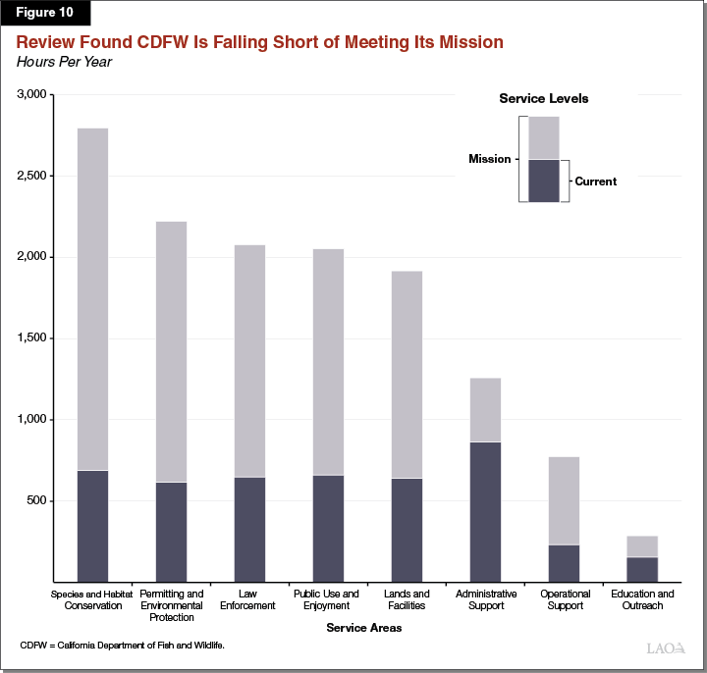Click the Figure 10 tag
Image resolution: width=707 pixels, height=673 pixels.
[x=45, y=14]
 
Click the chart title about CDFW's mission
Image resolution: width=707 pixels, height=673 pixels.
[x=259, y=42]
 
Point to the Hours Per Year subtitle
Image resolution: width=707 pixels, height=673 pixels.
[x=63, y=62]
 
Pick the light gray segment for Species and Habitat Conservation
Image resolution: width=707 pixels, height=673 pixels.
[x=92, y=299]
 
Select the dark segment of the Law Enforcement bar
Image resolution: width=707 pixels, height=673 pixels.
[x=249, y=529]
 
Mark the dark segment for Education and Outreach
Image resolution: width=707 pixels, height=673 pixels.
[x=642, y=569]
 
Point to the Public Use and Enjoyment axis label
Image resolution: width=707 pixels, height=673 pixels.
[x=327, y=599]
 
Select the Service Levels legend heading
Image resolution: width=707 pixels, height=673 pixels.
[x=543, y=99]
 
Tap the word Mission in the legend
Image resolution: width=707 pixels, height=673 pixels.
[x=489, y=159]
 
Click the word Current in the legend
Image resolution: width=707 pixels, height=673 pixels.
[x=595, y=181]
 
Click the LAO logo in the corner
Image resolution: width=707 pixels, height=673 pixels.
[x=667, y=648]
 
